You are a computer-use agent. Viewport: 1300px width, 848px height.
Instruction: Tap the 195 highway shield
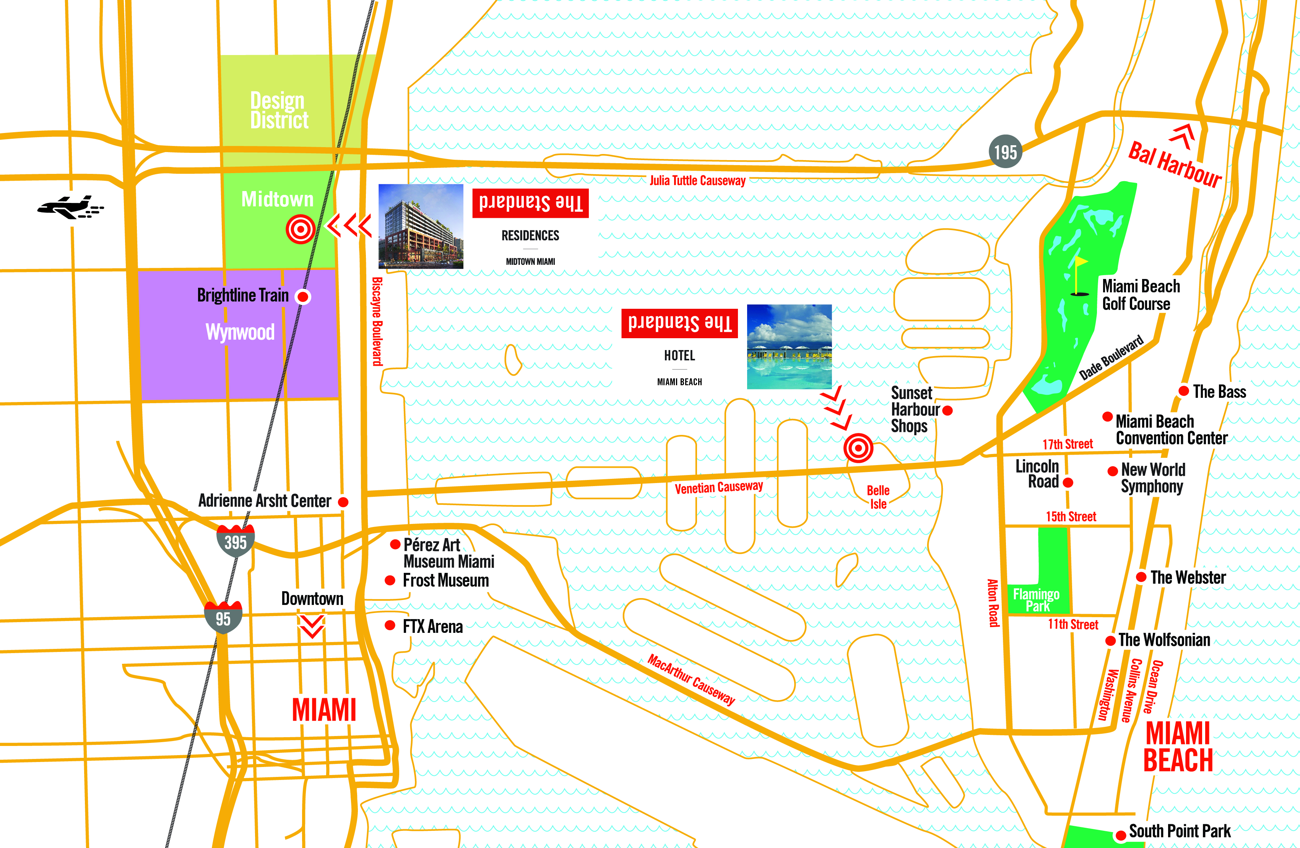click(x=1005, y=152)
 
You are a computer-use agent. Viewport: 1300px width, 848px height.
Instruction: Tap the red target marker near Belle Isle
click(x=858, y=448)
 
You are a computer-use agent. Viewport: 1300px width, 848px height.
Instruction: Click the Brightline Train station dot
click(x=302, y=297)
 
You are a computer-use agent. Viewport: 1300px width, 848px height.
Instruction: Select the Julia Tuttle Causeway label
click(x=697, y=181)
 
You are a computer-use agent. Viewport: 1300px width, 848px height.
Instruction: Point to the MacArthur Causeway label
click(x=691, y=680)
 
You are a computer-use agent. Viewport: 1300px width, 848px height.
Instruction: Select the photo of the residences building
click(x=421, y=226)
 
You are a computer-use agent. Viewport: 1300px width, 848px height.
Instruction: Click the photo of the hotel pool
click(x=789, y=347)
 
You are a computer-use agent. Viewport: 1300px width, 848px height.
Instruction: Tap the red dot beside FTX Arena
click(x=390, y=625)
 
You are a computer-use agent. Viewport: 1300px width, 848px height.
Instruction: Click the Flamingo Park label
click(x=1036, y=600)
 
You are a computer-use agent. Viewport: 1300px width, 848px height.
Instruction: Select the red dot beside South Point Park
click(x=1120, y=835)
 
